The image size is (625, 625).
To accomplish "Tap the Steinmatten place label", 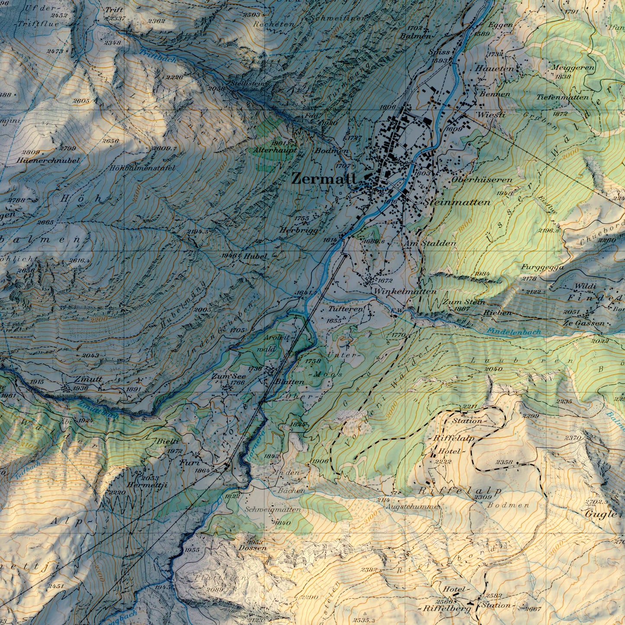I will tap(458, 202).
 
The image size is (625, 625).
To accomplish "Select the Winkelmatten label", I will tap(405, 292).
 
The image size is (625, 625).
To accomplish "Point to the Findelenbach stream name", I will tap(513, 332).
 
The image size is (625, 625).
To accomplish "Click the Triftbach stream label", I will tap(158, 56).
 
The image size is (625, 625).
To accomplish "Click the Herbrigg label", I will tap(298, 231).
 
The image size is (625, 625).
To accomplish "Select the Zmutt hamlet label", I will tap(88, 379).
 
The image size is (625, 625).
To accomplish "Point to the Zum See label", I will tap(228, 377).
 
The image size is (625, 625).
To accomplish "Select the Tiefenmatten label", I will tap(563, 97).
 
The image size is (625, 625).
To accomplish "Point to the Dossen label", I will tap(252, 548).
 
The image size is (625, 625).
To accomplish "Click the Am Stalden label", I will tap(429, 244).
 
